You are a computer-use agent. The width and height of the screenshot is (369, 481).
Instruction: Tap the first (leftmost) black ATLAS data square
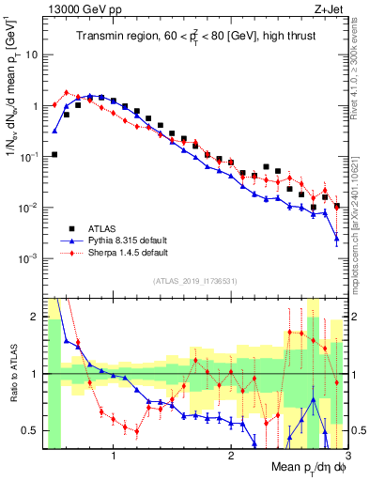[x=54, y=154]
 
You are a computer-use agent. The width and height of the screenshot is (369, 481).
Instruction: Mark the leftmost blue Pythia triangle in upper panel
[x=54, y=131]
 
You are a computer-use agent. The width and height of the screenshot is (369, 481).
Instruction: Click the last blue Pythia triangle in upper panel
[x=336, y=240]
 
